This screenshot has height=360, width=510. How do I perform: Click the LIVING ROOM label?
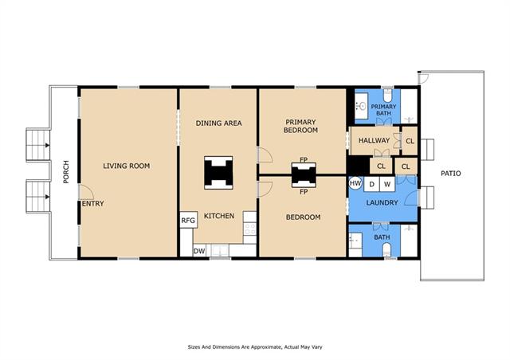(x=127, y=166)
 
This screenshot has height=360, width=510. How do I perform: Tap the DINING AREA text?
(x=218, y=123)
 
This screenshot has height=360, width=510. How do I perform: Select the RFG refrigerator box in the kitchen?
(x=188, y=220)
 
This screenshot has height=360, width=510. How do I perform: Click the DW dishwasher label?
(x=199, y=251)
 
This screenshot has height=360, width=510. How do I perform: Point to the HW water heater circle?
(x=355, y=183)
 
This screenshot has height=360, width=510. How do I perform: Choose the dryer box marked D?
(x=371, y=185)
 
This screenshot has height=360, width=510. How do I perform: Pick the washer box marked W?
(x=387, y=185)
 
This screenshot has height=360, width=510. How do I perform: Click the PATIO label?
(x=451, y=174)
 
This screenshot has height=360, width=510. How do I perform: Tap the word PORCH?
(x=66, y=172)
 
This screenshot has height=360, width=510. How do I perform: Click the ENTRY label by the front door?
(x=93, y=204)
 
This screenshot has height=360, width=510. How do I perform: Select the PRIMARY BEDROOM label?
(x=300, y=126)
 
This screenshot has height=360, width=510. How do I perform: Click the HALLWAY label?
(x=374, y=140)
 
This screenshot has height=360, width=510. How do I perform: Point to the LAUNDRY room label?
(x=382, y=202)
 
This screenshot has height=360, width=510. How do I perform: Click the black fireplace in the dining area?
(x=218, y=172)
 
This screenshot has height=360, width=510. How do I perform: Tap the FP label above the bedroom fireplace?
(x=304, y=159)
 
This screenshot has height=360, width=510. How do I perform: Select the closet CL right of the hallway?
(x=410, y=141)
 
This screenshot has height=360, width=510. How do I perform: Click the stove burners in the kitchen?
(x=249, y=228)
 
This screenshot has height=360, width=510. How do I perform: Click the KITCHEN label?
(x=219, y=216)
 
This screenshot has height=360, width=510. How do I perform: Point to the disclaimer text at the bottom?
(x=255, y=347)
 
